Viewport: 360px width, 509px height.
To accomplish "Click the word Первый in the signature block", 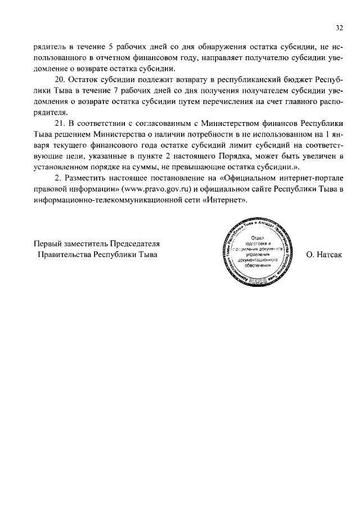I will pos(48,244).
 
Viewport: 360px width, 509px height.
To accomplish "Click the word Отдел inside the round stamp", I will pos(258,238).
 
